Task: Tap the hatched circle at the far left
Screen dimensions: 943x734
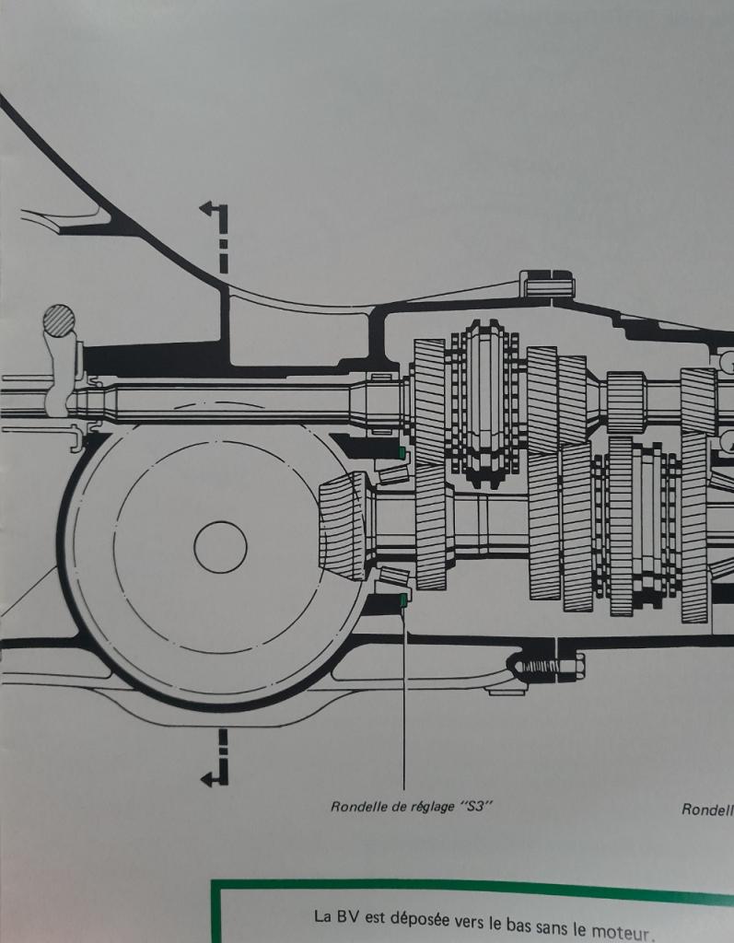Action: coord(59,322)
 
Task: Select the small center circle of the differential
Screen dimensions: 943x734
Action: coord(220,547)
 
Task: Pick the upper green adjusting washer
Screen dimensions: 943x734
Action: coord(402,453)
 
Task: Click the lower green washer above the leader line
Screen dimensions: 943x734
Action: coord(403,600)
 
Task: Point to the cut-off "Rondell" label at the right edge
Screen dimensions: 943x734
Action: coord(707,809)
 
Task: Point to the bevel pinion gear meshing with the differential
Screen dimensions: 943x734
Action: coord(343,527)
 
